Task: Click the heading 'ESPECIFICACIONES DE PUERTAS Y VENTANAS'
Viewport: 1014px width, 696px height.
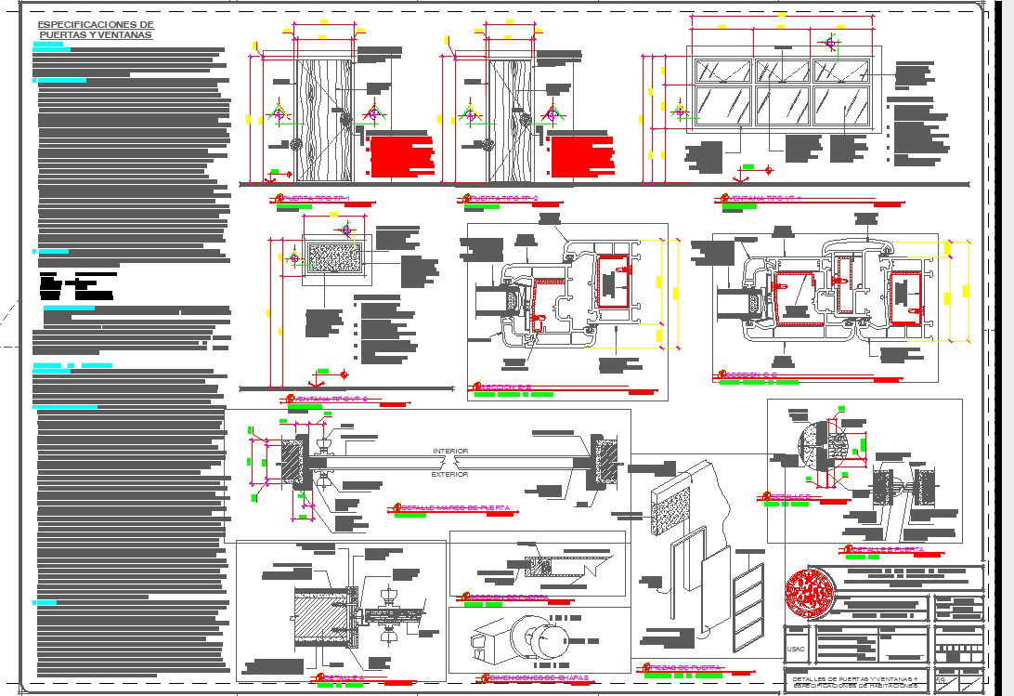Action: [96, 30]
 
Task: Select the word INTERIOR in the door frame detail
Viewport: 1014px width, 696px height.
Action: [450, 451]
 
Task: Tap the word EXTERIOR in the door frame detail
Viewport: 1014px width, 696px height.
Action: [450, 474]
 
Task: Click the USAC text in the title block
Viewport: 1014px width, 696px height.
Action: [797, 649]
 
